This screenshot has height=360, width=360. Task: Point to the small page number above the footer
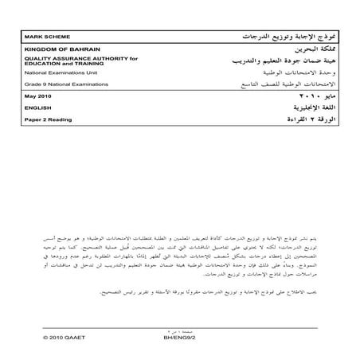coord(179,327)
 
